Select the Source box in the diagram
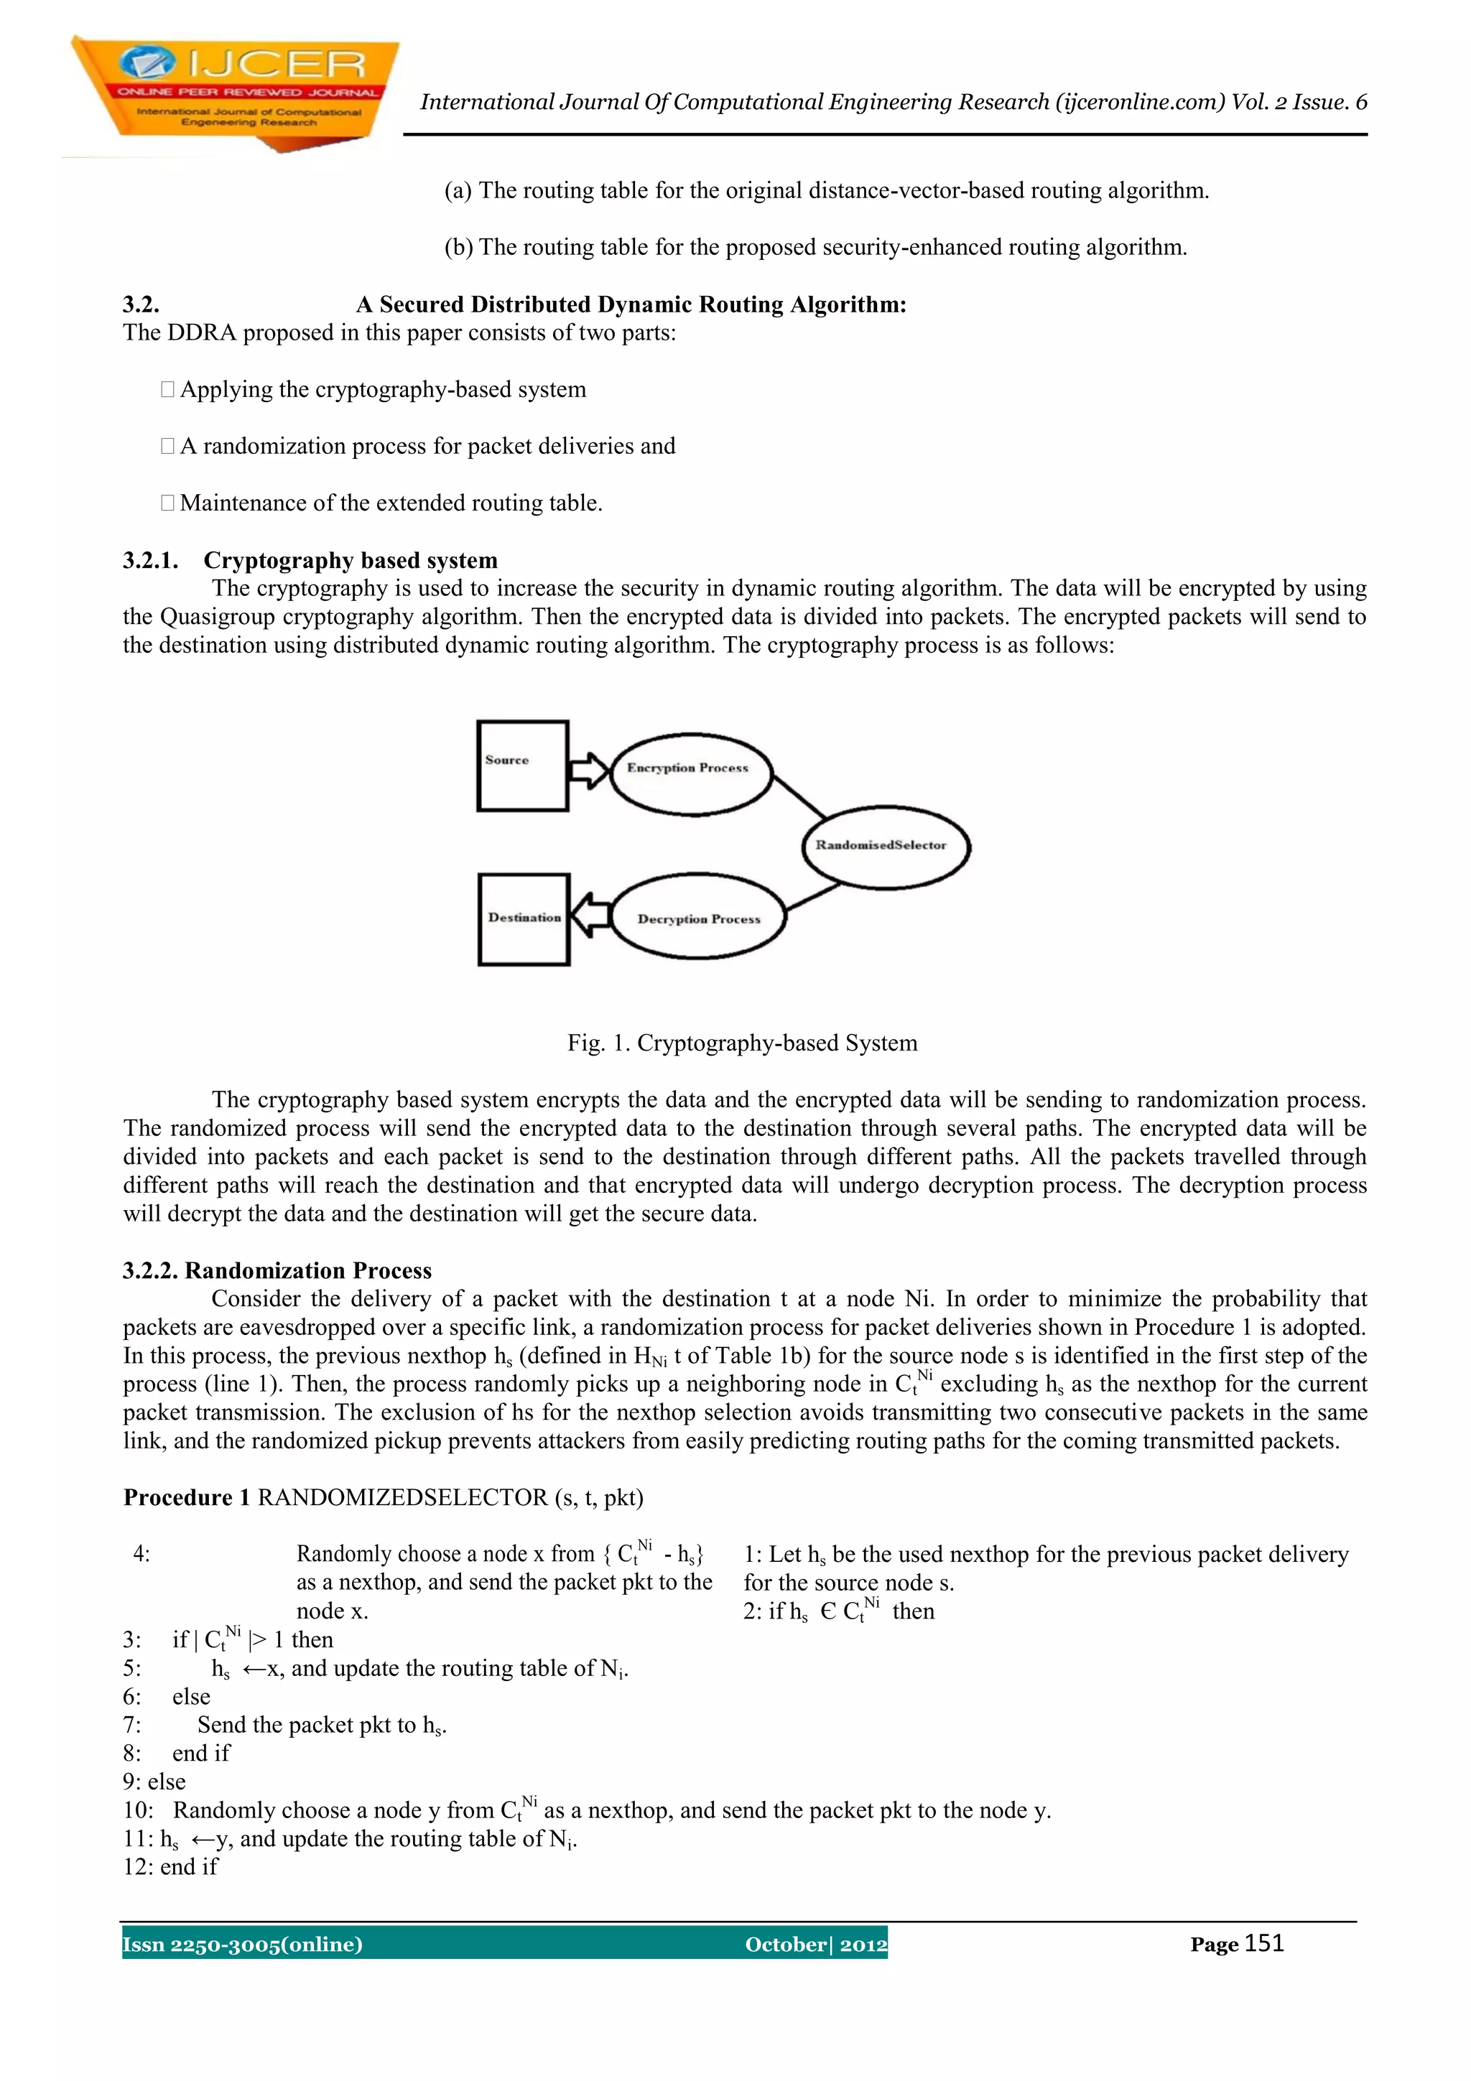[522, 766]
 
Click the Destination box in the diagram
[524, 919]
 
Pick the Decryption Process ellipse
[698, 916]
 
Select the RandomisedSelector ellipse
[886, 846]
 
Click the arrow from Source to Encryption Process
[588, 771]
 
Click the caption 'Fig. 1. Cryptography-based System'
[742, 1043]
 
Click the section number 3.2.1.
[150, 560]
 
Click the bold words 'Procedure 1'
[187, 1497]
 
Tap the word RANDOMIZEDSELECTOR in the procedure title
[402, 1497]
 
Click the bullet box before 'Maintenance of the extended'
[167, 503]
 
